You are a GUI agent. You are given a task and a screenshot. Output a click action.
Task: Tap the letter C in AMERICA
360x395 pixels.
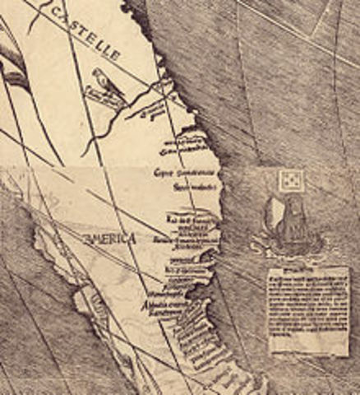pos(124,238)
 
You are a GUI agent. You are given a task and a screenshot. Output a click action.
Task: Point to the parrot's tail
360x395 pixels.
pos(113,88)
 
